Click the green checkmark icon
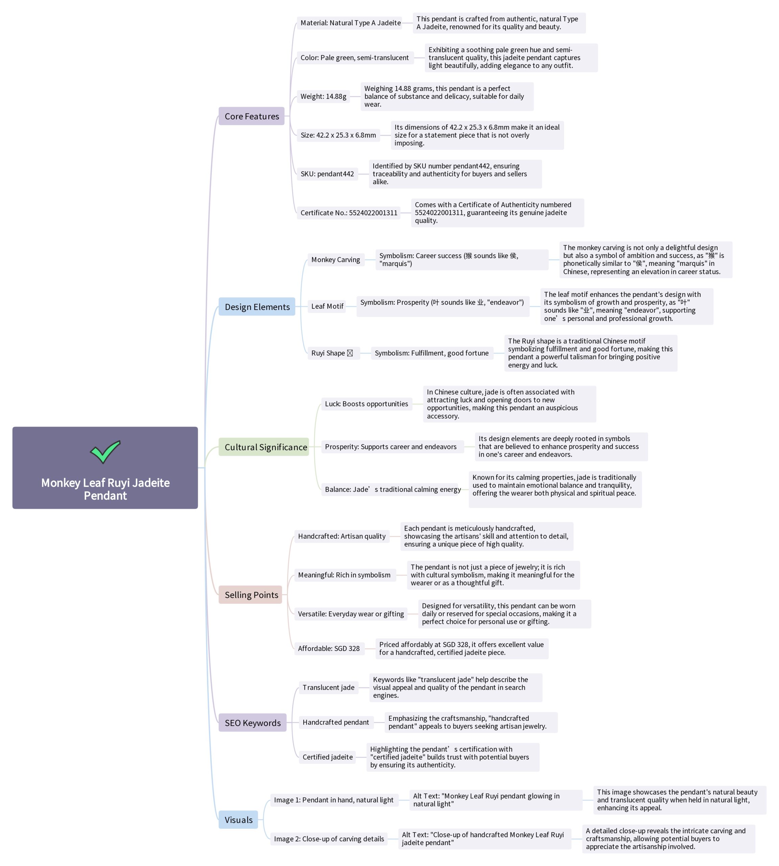(x=105, y=452)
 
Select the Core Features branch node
(x=251, y=116)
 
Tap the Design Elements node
(x=257, y=307)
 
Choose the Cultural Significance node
(x=264, y=447)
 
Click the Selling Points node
(x=251, y=594)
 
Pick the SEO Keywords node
(x=253, y=723)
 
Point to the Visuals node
(x=238, y=819)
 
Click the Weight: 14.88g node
(x=323, y=96)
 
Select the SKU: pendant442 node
(x=327, y=174)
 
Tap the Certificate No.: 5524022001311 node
(x=348, y=212)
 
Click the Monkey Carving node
(x=335, y=259)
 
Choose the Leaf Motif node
(x=327, y=306)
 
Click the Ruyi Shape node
(x=332, y=353)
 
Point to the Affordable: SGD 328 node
(x=329, y=648)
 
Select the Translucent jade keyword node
(x=328, y=687)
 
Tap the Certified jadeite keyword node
(x=327, y=757)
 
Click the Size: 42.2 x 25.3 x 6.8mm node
(x=338, y=135)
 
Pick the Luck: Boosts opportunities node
(x=367, y=404)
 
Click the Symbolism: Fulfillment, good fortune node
(x=431, y=353)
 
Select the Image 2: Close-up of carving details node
(x=329, y=839)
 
